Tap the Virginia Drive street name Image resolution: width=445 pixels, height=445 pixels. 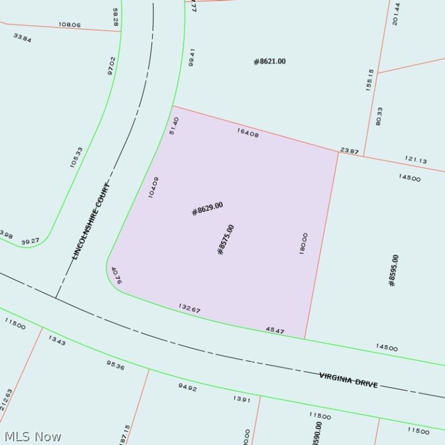[x=348, y=380]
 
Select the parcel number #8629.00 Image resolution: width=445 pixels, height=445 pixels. [x=207, y=208]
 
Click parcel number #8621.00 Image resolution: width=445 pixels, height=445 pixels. [x=270, y=62]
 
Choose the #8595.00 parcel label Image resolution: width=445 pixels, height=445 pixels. [x=393, y=271]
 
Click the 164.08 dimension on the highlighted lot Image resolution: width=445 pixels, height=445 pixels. [x=248, y=133]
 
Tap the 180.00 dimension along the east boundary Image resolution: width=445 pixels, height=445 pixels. [x=303, y=244]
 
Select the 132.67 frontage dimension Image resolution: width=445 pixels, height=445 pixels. [x=189, y=308]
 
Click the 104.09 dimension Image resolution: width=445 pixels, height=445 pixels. [x=154, y=187]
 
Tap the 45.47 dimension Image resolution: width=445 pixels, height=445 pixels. [x=275, y=331]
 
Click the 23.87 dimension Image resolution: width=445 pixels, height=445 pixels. [x=349, y=150]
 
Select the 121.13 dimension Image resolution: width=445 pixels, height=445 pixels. [x=416, y=160]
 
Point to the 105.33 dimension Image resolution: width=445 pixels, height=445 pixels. [x=76, y=157]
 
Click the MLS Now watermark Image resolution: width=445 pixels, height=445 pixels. [x=33, y=436]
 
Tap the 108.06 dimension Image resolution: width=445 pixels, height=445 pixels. [x=70, y=24]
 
